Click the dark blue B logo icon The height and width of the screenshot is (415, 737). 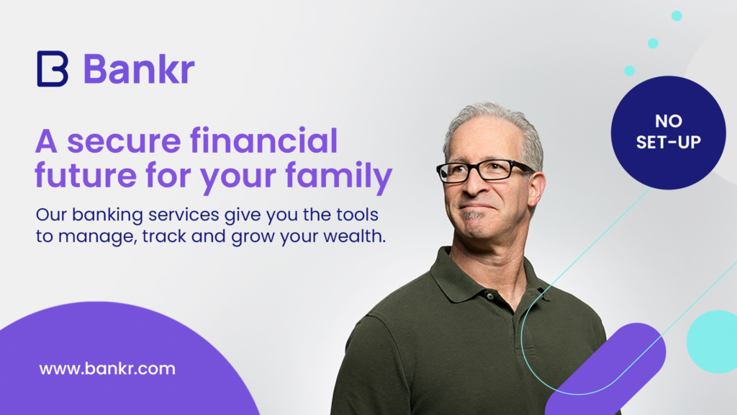(x=53, y=68)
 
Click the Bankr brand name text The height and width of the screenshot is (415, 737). (x=139, y=69)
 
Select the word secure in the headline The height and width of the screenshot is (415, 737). (x=124, y=142)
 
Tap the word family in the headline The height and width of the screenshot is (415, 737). (x=338, y=176)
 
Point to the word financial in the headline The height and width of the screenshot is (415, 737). (x=263, y=140)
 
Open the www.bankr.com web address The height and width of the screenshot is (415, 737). (x=107, y=368)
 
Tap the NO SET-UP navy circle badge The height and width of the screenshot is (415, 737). (x=669, y=133)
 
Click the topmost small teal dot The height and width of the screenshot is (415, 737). (x=677, y=16)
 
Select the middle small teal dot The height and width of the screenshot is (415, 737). (x=653, y=43)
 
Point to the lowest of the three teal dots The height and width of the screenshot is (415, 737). (x=629, y=71)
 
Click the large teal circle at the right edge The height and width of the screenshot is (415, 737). (x=713, y=342)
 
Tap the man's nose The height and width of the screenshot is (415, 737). (x=471, y=185)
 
